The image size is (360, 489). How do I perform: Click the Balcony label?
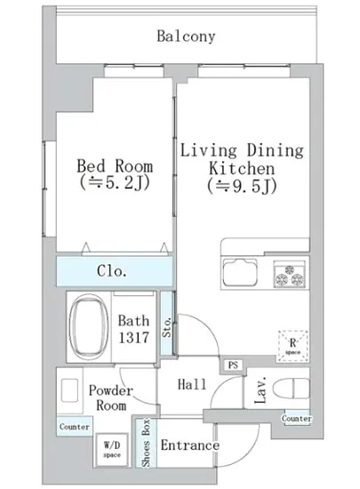[186, 36]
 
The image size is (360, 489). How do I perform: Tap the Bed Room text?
[115, 166]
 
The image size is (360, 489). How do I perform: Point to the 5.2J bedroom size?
[115, 183]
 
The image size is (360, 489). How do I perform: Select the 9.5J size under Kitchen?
[242, 186]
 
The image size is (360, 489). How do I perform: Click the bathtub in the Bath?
[89, 327]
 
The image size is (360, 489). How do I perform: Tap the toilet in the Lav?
[292, 389]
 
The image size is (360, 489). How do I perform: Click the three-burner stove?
[290, 274]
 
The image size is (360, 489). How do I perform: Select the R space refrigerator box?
[292, 346]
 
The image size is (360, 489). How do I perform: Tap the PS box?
[233, 365]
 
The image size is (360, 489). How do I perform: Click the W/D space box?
[112, 450]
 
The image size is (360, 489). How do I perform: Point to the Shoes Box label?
[146, 443]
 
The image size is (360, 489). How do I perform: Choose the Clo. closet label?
[112, 270]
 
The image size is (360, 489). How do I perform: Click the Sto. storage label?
[167, 327]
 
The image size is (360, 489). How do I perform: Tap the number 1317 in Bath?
[133, 338]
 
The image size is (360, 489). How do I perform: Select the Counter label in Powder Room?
[75, 427]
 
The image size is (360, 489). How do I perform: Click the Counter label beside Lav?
[296, 418]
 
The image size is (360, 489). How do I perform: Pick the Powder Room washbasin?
[69, 390]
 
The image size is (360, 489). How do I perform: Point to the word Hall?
[192, 384]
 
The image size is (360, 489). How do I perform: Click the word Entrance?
[190, 445]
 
